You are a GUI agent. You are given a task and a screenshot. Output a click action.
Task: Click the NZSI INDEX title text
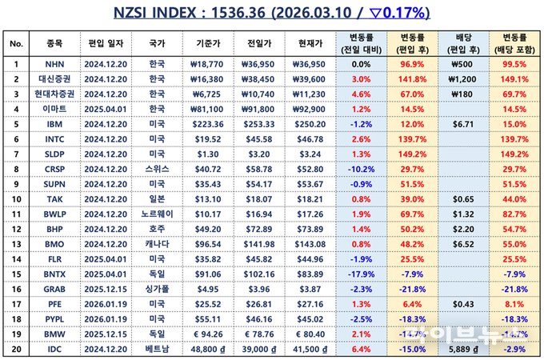click(271, 13)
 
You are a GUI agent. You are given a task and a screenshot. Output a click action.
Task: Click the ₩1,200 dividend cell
click(464, 79)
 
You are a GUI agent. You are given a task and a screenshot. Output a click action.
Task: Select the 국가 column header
click(158, 43)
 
